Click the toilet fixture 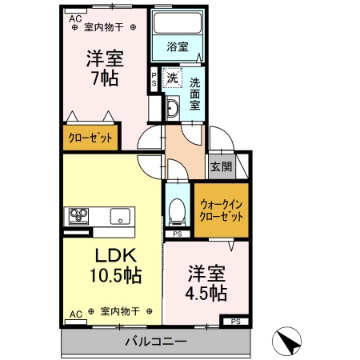178,210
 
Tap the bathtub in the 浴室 178,22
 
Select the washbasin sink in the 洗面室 173,108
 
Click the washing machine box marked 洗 173,78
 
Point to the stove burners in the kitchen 78,216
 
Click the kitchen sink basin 120,216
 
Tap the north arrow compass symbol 286,341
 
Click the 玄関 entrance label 222,167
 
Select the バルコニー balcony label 156,341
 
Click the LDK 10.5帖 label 116,266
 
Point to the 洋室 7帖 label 105,68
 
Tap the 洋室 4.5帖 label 206,283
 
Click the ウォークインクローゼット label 222,210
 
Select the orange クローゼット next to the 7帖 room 90,138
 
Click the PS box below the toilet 178,234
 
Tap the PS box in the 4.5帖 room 236,322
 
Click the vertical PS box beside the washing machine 154,79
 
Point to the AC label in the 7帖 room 75,19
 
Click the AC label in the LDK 76,314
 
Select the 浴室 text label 178,47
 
